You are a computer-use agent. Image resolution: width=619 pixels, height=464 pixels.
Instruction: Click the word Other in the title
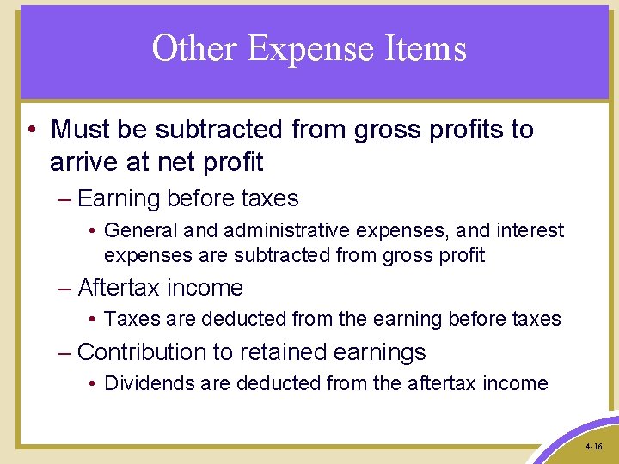[194, 48]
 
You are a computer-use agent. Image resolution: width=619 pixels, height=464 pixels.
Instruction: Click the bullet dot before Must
[30, 131]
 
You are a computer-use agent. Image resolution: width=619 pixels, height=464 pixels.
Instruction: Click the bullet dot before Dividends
[92, 384]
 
